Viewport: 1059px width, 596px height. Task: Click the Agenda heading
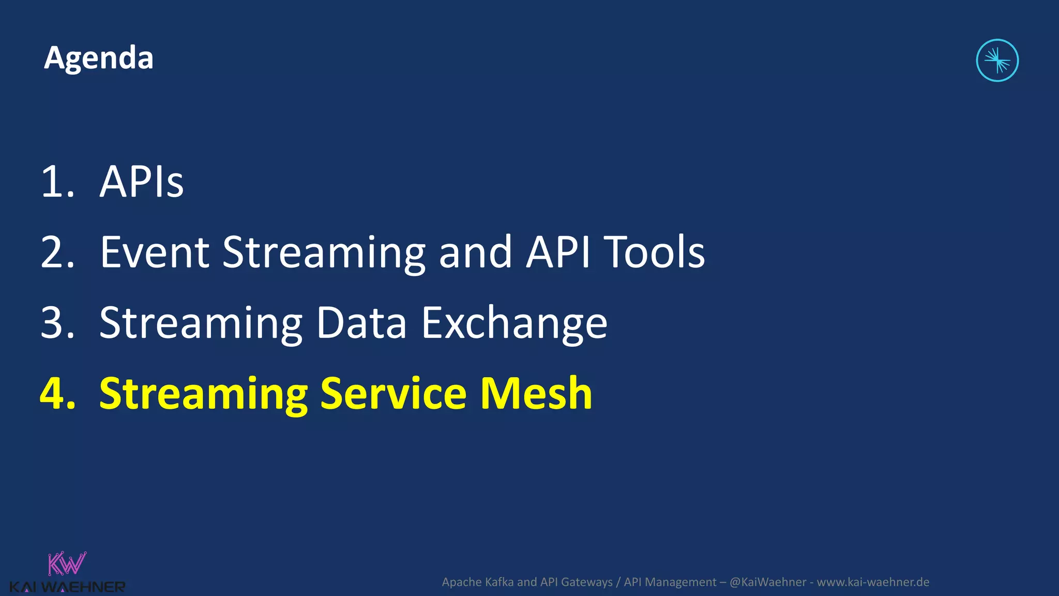[98, 58]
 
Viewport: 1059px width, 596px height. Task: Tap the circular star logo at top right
[997, 61]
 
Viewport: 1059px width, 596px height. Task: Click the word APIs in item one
[141, 182]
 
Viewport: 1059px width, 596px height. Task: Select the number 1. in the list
[57, 182]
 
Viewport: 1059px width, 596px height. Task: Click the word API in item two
[558, 252]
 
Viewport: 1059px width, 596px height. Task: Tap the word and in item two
[475, 252]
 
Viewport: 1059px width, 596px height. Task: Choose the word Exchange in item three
[514, 323]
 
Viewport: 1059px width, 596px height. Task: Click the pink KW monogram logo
[67, 564]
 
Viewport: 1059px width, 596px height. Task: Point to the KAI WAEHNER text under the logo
[67, 587]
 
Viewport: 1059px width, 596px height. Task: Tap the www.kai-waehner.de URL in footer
[873, 582]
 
